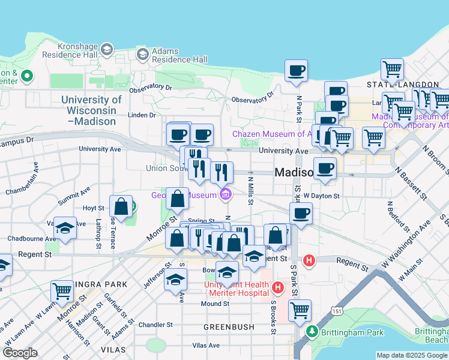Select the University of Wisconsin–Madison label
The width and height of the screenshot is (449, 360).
(91, 110)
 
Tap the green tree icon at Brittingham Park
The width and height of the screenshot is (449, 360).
(312, 331)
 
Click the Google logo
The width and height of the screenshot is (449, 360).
(20, 353)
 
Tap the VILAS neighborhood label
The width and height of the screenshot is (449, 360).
(115, 349)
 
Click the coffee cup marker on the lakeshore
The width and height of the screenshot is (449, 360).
(296, 71)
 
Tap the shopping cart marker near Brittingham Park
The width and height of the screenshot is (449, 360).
(300, 310)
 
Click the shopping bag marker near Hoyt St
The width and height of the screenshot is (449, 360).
(121, 206)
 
